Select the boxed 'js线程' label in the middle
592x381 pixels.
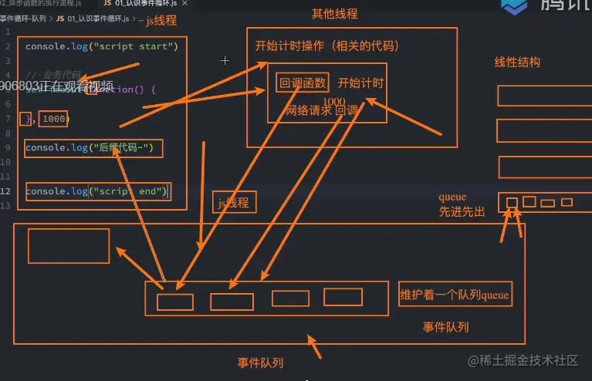click(234, 203)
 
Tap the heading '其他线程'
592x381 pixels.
click(334, 14)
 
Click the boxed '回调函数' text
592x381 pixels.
click(302, 83)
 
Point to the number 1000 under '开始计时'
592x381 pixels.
click(334, 102)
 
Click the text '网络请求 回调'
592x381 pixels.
click(321, 111)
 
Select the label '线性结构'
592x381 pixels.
click(517, 62)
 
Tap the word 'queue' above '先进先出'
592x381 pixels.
click(452, 197)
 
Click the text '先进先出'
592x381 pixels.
click(462, 211)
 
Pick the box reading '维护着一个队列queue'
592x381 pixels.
click(455, 295)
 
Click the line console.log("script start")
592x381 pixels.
click(102, 46)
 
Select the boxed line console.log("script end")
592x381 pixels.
click(97, 191)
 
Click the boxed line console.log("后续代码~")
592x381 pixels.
click(93, 148)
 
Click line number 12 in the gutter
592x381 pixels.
click(6, 191)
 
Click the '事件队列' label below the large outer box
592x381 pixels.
click(259, 362)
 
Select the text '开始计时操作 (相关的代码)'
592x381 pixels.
click(327, 46)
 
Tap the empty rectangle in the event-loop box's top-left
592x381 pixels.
click(68, 245)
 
